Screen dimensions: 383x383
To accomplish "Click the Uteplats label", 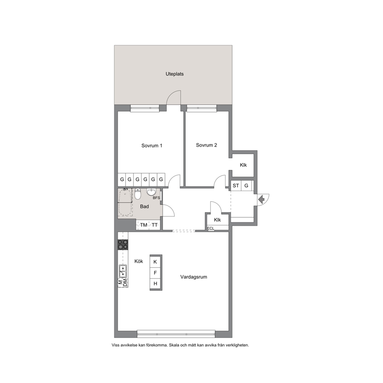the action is pyautogui.click(x=175, y=74).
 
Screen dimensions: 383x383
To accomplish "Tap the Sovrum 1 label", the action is pyautogui.click(x=152, y=146).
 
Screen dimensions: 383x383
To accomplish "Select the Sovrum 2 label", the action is pyautogui.click(x=207, y=145).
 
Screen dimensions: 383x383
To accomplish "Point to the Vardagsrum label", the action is pyautogui.click(x=194, y=277).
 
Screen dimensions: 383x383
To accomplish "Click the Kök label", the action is pyautogui.click(x=139, y=261).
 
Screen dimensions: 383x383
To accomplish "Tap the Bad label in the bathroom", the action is pyautogui.click(x=144, y=207).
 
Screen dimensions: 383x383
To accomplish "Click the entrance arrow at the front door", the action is pyautogui.click(x=261, y=199).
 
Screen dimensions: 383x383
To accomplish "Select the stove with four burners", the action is pyautogui.click(x=123, y=244).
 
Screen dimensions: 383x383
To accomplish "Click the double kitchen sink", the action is pyautogui.click(x=123, y=271).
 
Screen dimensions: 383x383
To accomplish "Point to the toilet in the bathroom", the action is pyautogui.click(x=138, y=194).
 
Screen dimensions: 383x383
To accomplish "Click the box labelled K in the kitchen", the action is pyautogui.click(x=155, y=262).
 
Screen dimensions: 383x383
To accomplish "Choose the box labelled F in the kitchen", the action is pyautogui.click(x=155, y=273).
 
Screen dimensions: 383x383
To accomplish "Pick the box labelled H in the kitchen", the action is pyautogui.click(x=155, y=284).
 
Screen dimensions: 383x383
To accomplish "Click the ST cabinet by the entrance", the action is pyautogui.click(x=236, y=186).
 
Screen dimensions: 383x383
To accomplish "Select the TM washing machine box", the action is pyautogui.click(x=144, y=225).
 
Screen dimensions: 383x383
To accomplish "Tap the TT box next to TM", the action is pyautogui.click(x=154, y=225).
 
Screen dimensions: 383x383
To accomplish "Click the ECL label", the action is pyautogui.click(x=210, y=229).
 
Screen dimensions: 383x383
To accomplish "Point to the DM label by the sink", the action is pyautogui.click(x=125, y=283).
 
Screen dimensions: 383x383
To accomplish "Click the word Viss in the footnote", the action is pyautogui.click(x=115, y=345).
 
